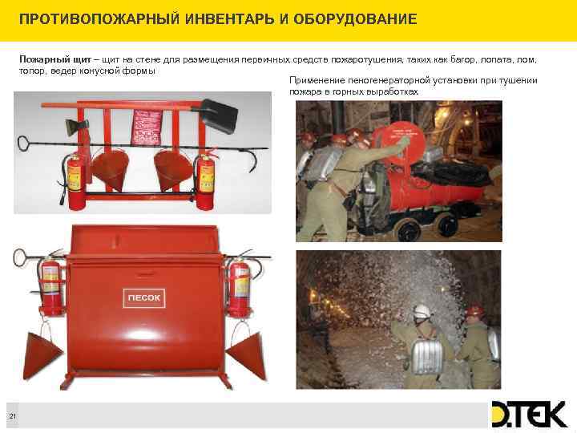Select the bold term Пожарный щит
[48, 60]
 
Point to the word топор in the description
[31, 71]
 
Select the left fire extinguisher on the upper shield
[77, 182]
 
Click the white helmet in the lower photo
[421, 310]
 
